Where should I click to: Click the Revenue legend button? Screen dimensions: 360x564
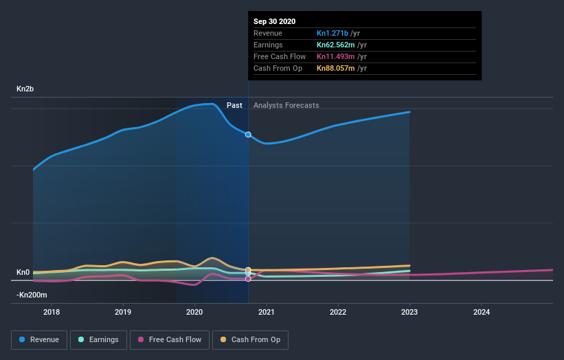tap(40, 339)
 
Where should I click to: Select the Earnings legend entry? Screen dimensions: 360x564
tap(99, 339)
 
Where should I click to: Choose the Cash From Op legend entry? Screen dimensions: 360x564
tap(251, 339)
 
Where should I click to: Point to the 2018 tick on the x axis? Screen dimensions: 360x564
tap(52, 312)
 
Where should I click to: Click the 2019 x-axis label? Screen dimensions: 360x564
tap(123, 312)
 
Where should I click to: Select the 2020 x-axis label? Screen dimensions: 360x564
tap(195, 312)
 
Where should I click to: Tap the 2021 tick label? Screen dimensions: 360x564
tap(267, 312)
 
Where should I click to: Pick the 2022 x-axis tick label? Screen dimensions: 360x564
tap(338, 312)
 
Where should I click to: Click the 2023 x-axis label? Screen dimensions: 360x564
tap(409, 312)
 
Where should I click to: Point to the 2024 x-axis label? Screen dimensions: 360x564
tap(482, 312)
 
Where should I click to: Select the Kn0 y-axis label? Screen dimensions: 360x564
tap(23, 273)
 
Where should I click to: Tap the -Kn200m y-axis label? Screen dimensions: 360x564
tap(32, 295)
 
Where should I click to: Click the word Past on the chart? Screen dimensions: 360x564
tap(234, 105)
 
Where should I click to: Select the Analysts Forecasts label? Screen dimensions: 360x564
tap(286, 105)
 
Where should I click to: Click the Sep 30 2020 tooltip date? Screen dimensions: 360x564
tap(275, 21)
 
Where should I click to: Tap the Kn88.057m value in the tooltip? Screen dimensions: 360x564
tap(336, 68)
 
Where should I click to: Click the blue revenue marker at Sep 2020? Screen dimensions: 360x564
tap(248, 135)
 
